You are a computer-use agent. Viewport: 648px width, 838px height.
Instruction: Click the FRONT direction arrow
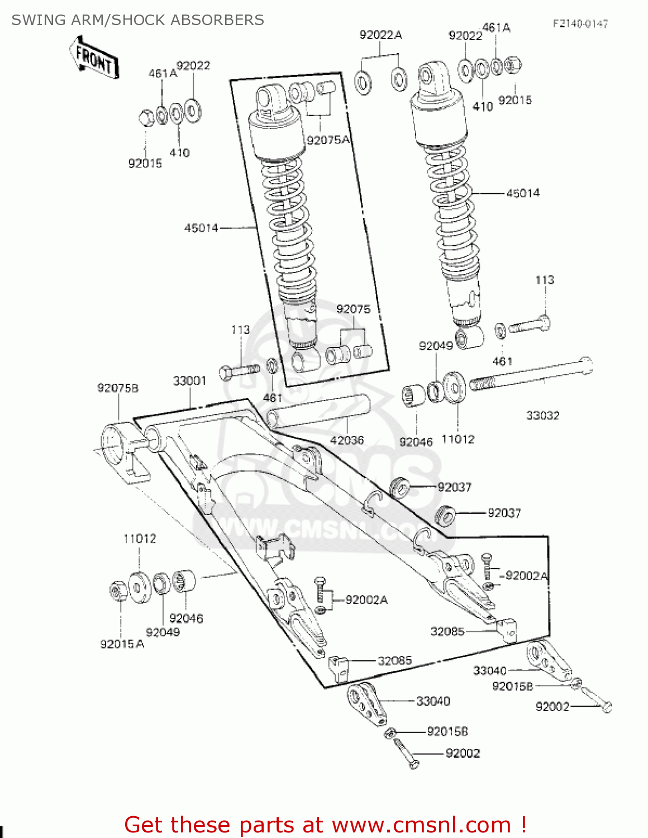tap(94, 58)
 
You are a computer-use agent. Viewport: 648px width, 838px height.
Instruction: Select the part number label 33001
tap(189, 381)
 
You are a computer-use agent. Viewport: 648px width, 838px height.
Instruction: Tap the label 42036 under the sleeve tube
tap(347, 440)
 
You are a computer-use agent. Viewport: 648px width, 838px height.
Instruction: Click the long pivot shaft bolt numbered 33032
tap(531, 375)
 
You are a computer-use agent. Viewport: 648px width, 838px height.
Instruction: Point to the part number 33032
tap(542, 416)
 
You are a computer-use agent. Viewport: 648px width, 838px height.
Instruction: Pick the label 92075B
tap(118, 388)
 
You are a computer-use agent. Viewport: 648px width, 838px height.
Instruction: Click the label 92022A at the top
tap(380, 35)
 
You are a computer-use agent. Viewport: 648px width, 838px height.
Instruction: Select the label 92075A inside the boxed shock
tap(328, 140)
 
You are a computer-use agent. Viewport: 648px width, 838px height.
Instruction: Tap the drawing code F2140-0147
tap(580, 23)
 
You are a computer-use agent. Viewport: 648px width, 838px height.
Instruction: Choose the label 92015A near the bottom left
tap(122, 644)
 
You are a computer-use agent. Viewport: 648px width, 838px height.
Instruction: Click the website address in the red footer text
tap(421, 825)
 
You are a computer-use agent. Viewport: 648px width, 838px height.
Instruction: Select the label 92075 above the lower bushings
tap(353, 310)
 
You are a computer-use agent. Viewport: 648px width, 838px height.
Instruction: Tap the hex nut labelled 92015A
tap(117, 591)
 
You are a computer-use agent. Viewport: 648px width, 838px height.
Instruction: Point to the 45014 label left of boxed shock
tap(201, 228)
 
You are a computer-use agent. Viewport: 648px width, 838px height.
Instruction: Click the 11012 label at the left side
tap(140, 539)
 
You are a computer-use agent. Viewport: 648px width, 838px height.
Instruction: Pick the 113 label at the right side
tap(545, 280)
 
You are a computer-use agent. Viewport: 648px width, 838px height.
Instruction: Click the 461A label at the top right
tap(496, 27)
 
